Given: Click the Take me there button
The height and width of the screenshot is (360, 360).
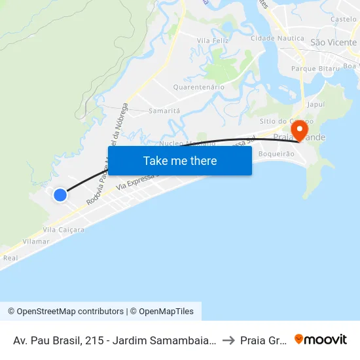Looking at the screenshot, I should tap(179, 160).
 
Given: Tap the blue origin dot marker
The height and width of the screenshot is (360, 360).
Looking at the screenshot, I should tap(60, 195).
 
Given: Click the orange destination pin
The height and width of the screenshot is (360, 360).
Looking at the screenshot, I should tap(300, 131).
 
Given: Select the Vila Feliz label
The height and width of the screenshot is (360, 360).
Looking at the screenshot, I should tap(212, 41).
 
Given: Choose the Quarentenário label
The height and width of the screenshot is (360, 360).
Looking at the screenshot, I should tap(198, 87).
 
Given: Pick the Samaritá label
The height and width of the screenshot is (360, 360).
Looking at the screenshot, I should tap(164, 111).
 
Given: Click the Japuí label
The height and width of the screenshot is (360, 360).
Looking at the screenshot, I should tap(315, 104).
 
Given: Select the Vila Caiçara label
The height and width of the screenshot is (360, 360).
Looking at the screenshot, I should tap(63, 230).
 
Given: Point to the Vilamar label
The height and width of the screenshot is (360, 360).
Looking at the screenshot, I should tap(35, 242).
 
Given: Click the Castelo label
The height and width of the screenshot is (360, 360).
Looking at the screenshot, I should tap(344, 20).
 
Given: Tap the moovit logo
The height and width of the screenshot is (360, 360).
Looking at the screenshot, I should tap(321, 339).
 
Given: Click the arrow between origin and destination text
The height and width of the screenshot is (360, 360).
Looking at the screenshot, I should tap(228, 340).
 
